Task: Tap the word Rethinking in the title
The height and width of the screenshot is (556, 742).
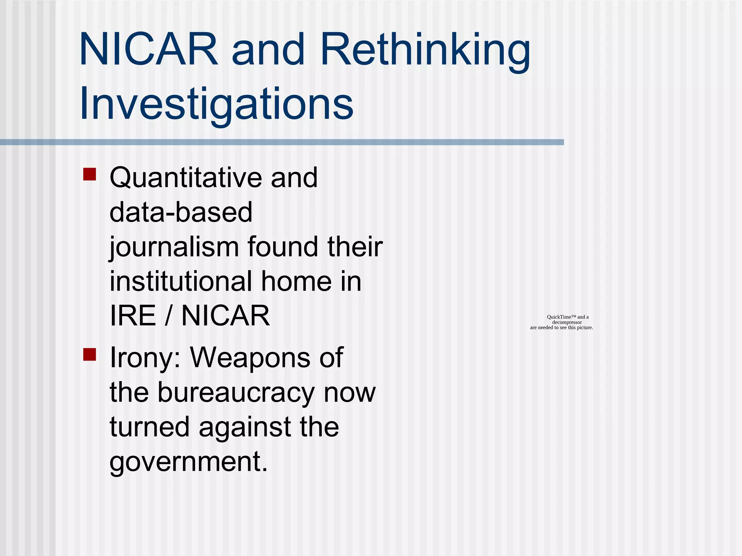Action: click(425, 51)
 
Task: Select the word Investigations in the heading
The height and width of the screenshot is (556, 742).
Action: click(216, 104)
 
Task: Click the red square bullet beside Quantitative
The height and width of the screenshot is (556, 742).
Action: click(89, 174)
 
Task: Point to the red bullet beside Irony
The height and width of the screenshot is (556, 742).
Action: click(89, 355)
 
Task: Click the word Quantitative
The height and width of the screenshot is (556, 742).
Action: click(185, 178)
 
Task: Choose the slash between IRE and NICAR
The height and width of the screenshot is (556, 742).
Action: click(168, 316)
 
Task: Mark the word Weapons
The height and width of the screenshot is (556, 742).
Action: click(250, 358)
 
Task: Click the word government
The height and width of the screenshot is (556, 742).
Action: click(188, 462)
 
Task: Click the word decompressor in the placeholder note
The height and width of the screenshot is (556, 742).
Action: click(567, 322)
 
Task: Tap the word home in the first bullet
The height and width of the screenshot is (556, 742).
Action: click(296, 281)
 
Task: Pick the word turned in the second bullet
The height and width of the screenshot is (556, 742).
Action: click(150, 427)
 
